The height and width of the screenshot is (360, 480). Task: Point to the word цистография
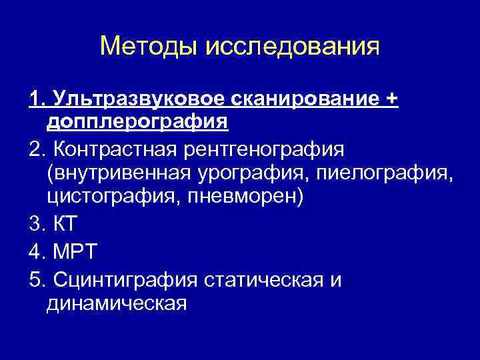click(x=107, y=197)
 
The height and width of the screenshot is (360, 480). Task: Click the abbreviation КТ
click(x=64, y=223)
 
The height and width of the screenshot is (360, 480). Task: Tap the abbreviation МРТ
click(x=75, y=251)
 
